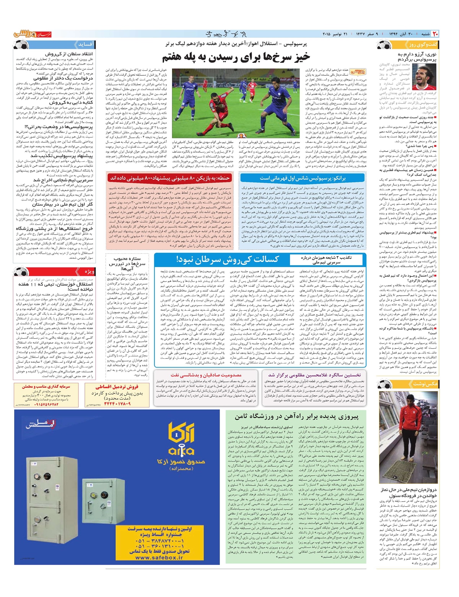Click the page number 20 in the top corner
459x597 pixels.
(435, 34)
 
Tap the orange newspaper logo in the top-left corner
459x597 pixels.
(30, 34)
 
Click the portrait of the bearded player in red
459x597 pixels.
(424, 77)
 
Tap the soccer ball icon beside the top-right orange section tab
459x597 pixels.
(384, 45)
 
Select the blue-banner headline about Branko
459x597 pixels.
(302, 178)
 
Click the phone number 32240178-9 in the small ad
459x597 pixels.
(117, 404)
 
